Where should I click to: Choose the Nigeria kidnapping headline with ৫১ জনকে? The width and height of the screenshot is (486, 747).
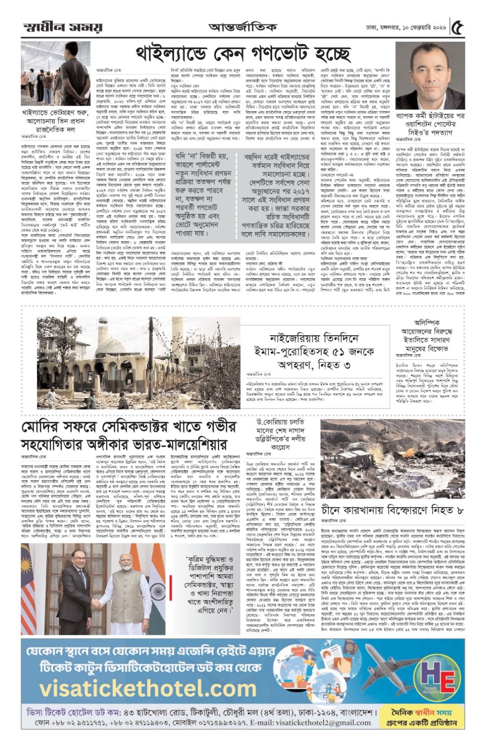[x=315, y=351]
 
